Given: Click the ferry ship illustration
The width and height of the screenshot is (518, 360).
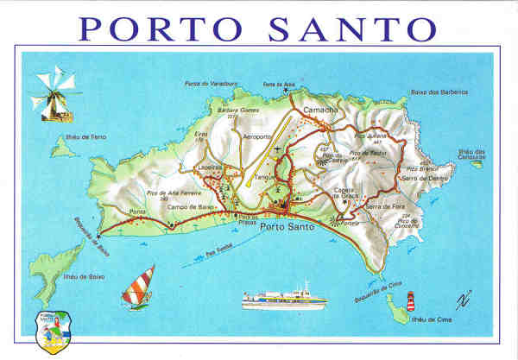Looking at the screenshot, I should (284, 299).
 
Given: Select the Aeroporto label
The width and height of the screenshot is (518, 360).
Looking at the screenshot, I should (262, 136).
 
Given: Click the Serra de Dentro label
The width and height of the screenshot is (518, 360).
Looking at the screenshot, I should (418, 178).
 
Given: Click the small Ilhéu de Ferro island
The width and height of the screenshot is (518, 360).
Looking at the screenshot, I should (60, 148).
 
